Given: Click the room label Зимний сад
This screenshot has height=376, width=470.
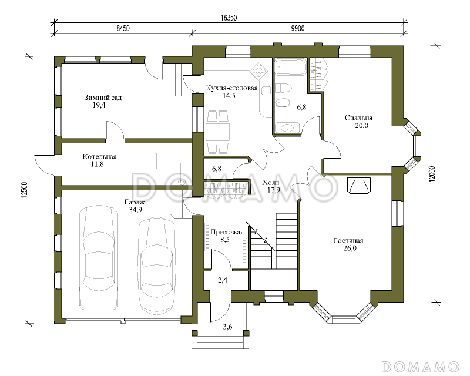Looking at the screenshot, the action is tap(103, 98).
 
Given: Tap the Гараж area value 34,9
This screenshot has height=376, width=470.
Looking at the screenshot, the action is tap(136, 210).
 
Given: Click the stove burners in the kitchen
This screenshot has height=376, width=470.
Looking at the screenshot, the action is tap(259, 70).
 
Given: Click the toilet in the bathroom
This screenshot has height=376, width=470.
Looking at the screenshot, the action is tap(283, 89).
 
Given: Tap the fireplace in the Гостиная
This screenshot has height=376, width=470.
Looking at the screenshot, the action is tap(359, 185).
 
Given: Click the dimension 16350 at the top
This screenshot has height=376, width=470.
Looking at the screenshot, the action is tap(229, 18).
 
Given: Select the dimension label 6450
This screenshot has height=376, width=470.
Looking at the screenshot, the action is tap(123, 28).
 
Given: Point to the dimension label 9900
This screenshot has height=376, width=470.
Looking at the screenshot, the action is tap(298, 28).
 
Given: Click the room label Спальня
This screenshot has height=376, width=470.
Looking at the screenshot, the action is tap(358, 117).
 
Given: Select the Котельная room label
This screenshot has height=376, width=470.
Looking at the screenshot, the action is tap(99, 156).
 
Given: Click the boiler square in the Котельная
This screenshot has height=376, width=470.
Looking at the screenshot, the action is tap(164, 161).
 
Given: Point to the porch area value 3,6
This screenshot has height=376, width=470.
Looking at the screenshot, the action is tap(228, 327).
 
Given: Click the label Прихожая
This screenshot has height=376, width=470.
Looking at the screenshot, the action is tap(227, 232).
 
